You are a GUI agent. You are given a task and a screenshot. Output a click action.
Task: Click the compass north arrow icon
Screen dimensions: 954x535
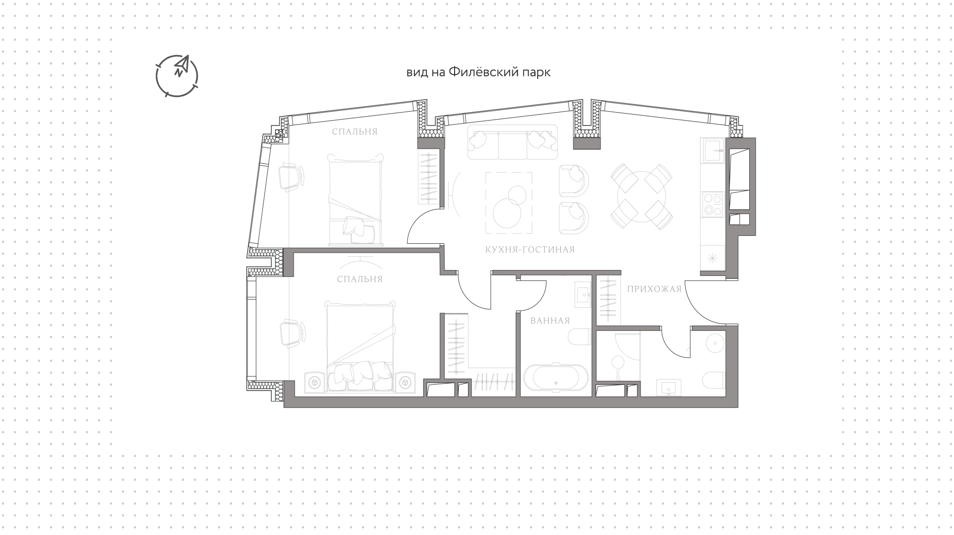pyautogui.click(x=177, y=75)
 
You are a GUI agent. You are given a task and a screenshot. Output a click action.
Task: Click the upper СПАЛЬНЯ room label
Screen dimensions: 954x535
pyautogui.click(x=355, y=132)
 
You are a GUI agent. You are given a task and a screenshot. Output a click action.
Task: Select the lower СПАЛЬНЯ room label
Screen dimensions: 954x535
pyautogui.click(x=360, y=279)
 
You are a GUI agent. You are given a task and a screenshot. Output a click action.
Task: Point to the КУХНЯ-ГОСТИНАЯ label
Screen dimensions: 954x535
pyautogui.click(x=530, y=250)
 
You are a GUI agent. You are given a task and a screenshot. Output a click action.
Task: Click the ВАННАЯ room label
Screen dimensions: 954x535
pyautogui.click(x=550, y=321)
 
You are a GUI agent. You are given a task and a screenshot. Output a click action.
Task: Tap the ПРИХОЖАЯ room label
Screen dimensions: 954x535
pyautogui.click(x=654, y=289)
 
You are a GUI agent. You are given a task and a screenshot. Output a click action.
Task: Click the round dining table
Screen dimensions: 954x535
pyautogui.click(x=641, y=196)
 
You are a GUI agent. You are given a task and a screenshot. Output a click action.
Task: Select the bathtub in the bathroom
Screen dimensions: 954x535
pyautogui.click(x=556, y=378)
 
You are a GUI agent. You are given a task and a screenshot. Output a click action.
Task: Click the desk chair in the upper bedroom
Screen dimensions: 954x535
pyautogui.click(x=291, y=178)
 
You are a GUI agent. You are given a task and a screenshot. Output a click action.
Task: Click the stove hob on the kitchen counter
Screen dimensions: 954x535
pyautogui.click(x=713, y=204)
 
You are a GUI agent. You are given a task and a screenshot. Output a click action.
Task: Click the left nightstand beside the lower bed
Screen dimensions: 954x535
pyautogui.click(x=314, y=382)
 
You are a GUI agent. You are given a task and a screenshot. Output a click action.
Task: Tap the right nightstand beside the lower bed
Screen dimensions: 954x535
pyautogui.click(x=405, y=382)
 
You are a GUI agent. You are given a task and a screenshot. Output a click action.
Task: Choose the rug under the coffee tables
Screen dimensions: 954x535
pyautogui.click(x=509, y=202)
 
